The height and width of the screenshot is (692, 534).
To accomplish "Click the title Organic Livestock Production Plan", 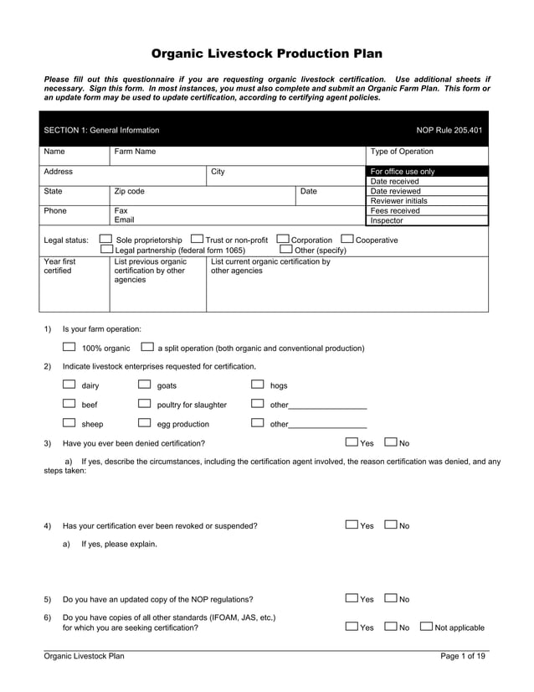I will click(266, 54).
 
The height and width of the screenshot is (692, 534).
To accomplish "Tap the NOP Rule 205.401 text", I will click(449, 130).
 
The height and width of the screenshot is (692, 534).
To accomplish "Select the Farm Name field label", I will click(135, 152).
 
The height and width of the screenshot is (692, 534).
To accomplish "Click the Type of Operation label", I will click(402, 152).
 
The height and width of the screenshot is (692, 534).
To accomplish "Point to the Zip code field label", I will click(130, 191).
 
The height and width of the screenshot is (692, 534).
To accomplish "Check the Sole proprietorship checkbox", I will click(105, 239).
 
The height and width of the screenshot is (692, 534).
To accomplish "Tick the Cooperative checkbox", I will click(347, 239).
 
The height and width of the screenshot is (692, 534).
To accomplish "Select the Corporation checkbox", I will click(283, 239).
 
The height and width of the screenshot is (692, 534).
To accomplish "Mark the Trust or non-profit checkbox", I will click(197, 239).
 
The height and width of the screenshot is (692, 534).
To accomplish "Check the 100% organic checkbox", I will click(69, 347).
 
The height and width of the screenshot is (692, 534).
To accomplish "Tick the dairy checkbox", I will click(69, 385).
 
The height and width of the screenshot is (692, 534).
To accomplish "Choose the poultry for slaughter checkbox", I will click(144, 404).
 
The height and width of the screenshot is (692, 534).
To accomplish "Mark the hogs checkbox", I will click(258, 385).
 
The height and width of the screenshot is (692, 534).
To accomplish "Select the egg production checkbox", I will click(144, 423).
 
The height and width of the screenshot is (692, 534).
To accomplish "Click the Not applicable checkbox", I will click(426, 626).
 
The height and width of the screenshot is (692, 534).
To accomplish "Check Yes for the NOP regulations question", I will click(352, 598).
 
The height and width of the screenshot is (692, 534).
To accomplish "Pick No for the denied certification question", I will click(391, 442).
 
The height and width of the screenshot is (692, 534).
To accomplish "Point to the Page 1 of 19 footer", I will click(462, 656).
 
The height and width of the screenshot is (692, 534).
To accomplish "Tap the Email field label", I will click(126, 220).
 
